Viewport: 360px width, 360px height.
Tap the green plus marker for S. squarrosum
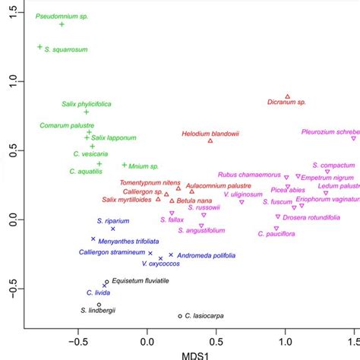(39, 47)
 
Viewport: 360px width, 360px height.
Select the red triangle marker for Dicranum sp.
(287, 96)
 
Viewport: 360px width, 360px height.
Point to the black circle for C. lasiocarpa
(180, 316)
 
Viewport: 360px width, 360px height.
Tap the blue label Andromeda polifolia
(207, 255)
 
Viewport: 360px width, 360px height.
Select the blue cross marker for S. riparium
(113, 229)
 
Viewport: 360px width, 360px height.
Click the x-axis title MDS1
(192, 355)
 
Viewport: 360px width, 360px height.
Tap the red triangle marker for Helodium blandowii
(210, 141)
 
